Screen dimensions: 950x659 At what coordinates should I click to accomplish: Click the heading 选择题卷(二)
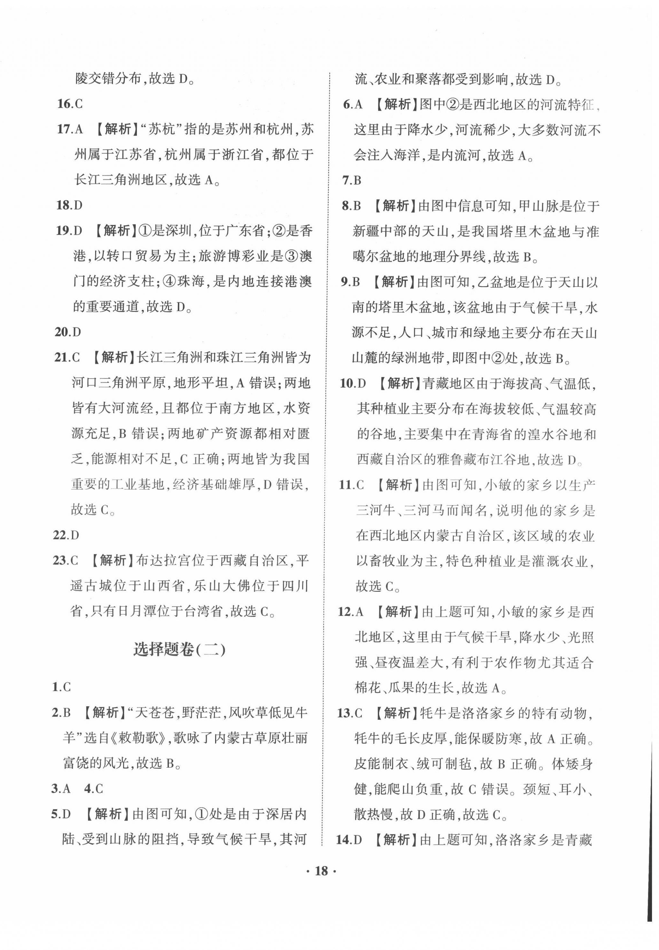(179, 649)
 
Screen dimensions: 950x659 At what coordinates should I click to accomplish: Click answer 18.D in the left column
(69, 205)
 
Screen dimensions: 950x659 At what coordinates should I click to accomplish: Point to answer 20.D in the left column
(68, 332)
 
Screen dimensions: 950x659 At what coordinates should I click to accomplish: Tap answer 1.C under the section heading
(62, 687)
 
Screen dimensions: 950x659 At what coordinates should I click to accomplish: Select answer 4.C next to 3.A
(94, 789)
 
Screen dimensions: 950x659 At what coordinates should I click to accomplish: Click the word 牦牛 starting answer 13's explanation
(434, 713)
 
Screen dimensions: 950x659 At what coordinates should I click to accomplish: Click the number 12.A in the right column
(351, 611)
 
